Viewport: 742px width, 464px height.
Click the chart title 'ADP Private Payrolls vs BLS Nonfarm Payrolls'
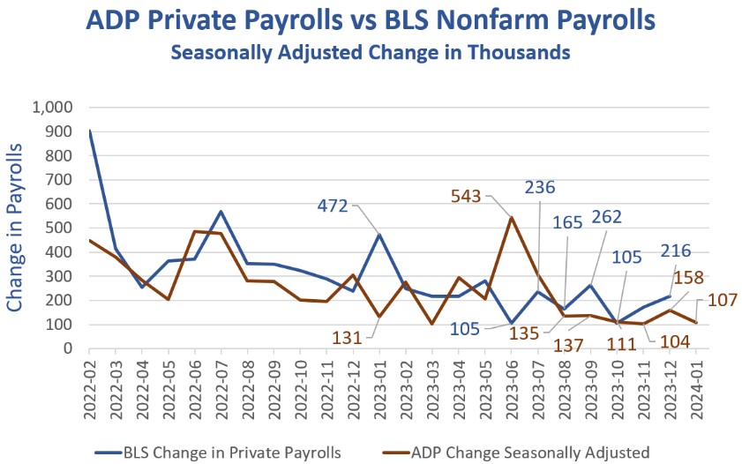tap(371, 20)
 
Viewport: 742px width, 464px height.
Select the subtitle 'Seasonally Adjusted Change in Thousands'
tap(371, 53)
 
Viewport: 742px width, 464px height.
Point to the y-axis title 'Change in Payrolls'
tap(16, 227)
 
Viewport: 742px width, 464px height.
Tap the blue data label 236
tap(540, 188)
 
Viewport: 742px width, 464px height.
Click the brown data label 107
tap(722, 300)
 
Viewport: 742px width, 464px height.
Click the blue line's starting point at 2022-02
tap(91, 131)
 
